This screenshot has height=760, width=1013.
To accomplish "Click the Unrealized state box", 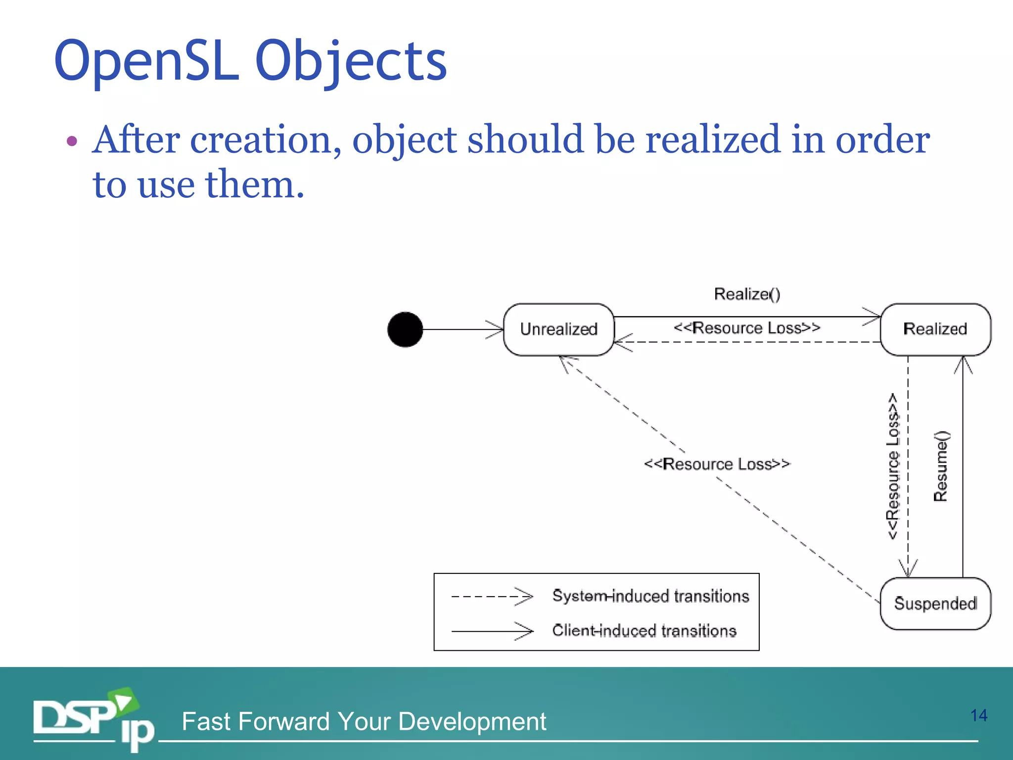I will coord(558,330).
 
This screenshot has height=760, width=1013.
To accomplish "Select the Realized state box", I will coord(935,330).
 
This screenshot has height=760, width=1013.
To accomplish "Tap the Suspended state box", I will coord(935,604).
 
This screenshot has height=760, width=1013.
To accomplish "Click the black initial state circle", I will coord(405,330).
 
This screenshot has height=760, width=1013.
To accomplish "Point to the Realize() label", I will coord(747,294).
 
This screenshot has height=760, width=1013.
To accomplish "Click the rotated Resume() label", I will coord(941,466).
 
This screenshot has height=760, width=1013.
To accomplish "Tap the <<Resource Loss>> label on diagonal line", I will coord(717,464).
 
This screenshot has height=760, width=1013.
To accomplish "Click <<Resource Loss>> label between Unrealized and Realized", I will coord(747,328).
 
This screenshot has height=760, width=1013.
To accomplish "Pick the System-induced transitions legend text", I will coord(650,596).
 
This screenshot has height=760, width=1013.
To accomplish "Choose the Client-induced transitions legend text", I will coord(644,631).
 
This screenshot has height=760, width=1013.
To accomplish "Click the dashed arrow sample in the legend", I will coord(492,596).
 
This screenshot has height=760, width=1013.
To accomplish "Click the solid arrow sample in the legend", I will coord(492,631).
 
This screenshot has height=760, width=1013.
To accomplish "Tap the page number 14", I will coord(978,715).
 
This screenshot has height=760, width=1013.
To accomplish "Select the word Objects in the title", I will coord(351,61).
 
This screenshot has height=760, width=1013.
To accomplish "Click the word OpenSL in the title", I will coord(147,61).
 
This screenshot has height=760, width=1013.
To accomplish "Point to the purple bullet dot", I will coord(72,142).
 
